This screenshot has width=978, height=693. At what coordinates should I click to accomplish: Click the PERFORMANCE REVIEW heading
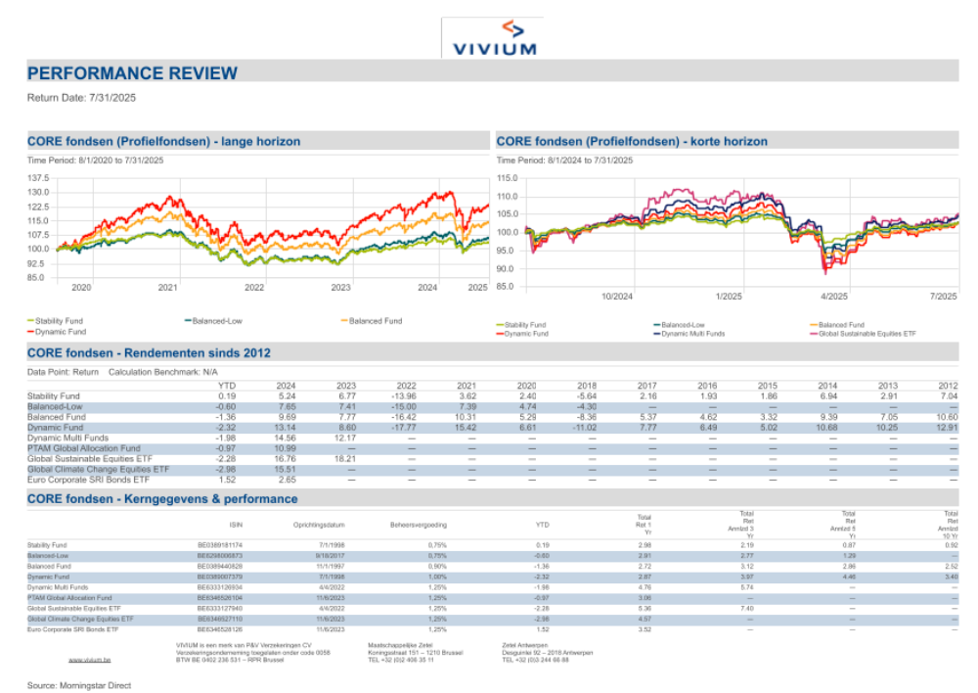click(132, 73)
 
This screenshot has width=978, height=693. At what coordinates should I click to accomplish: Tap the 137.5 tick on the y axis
click(37, 178)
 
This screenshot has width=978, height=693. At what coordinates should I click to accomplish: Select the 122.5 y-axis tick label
click(37, 207)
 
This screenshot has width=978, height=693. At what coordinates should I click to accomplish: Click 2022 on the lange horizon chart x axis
click(254, 288)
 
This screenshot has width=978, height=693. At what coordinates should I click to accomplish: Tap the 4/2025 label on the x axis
click(833, 297)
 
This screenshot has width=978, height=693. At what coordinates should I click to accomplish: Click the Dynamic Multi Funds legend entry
click(693, 334)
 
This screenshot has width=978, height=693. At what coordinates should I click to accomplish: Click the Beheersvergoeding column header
click(419, 525)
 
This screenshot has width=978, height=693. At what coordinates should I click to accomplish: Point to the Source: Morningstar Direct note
click(78, 685)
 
